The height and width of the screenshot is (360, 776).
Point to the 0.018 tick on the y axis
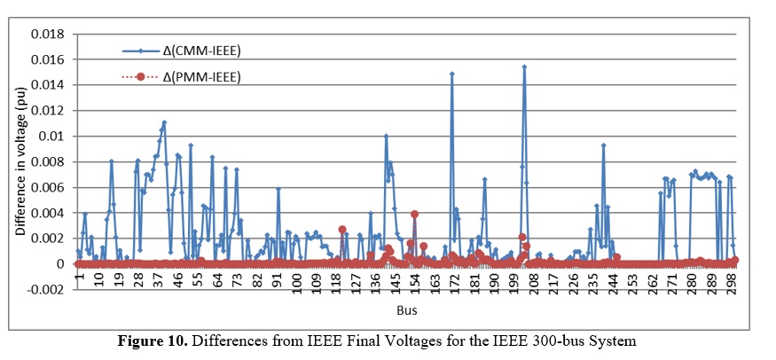coord(46,34)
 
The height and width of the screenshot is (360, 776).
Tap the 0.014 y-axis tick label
coord(46,85)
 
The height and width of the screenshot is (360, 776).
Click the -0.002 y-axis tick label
coord(44,290)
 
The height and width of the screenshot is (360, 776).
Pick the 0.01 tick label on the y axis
coord(50,137)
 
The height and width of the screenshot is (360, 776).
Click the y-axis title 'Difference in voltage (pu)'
coord(20,161)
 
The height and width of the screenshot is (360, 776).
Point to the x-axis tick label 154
coord(415,283)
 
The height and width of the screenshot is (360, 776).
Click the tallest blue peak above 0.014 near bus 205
coord(524,67)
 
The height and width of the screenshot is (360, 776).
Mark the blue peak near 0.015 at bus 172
coord(452,74)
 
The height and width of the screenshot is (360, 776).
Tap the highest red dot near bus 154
coord(414,214)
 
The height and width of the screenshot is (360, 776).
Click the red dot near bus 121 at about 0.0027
coord(342,230)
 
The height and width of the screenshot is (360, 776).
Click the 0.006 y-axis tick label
coord(46,187)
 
